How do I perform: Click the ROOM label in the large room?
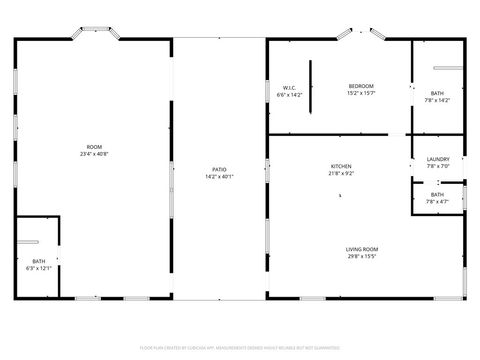(94, 147)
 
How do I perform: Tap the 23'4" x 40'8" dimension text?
(94, 154)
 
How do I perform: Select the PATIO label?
(219, 170)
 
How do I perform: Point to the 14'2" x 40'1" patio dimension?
(219, 177)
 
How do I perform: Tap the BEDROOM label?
(361, 86)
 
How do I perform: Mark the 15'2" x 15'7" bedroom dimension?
(361, 93)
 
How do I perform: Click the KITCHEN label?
(342, 166)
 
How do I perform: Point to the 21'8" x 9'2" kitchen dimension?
(342, 173)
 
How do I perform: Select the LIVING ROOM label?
(362, 249)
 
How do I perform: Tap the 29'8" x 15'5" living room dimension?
(362, 256)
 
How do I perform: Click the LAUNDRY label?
(438, 159)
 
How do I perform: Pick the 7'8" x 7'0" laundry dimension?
(438, 166)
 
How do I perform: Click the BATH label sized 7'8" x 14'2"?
(438, 93)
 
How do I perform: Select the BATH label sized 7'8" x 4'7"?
(438, 194)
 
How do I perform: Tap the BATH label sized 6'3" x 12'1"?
(38, 261)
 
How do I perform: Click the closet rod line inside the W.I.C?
(310, 87)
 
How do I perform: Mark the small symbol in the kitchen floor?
(340, 196)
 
